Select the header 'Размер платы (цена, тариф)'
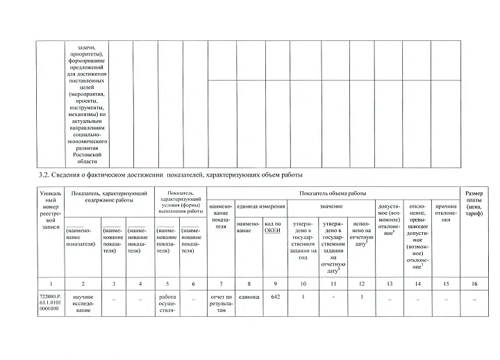474,203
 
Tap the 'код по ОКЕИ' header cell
273,227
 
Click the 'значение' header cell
331,207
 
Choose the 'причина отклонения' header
446,211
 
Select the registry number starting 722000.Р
51,303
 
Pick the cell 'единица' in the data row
248,297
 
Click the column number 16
474,284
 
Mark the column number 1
51,284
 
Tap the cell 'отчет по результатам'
221,304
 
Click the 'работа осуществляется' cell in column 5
167,304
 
